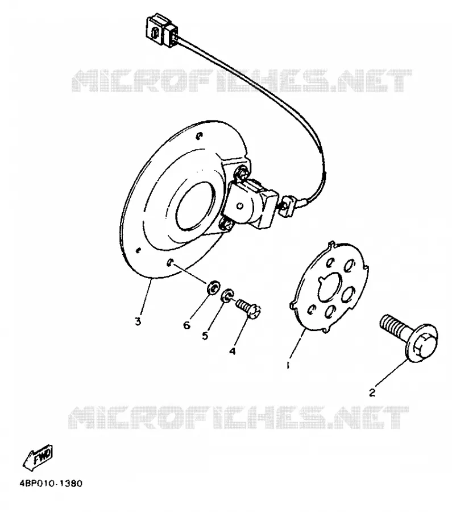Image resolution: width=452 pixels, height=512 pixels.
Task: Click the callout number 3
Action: pos(138,321)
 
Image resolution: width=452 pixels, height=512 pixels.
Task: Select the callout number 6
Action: pos(186,325)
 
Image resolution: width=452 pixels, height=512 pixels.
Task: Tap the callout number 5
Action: pos(205,336)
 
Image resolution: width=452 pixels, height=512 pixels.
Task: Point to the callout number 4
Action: pos(233,352)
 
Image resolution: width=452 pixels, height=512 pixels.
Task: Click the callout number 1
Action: pos(288,365)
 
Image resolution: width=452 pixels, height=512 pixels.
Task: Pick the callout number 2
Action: pos(372,393)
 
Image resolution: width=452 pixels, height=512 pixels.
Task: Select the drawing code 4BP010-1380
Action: pos(51,483)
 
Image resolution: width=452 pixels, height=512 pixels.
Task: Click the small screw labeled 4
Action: pos(248,308)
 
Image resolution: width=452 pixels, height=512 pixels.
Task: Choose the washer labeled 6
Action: pos(213,287)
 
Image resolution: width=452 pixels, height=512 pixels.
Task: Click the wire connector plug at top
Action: pos(162,29)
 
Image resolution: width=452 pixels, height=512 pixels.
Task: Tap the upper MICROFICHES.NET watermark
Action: pos(242,80)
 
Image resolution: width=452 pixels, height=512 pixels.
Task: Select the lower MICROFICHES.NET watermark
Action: pos(239,418)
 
